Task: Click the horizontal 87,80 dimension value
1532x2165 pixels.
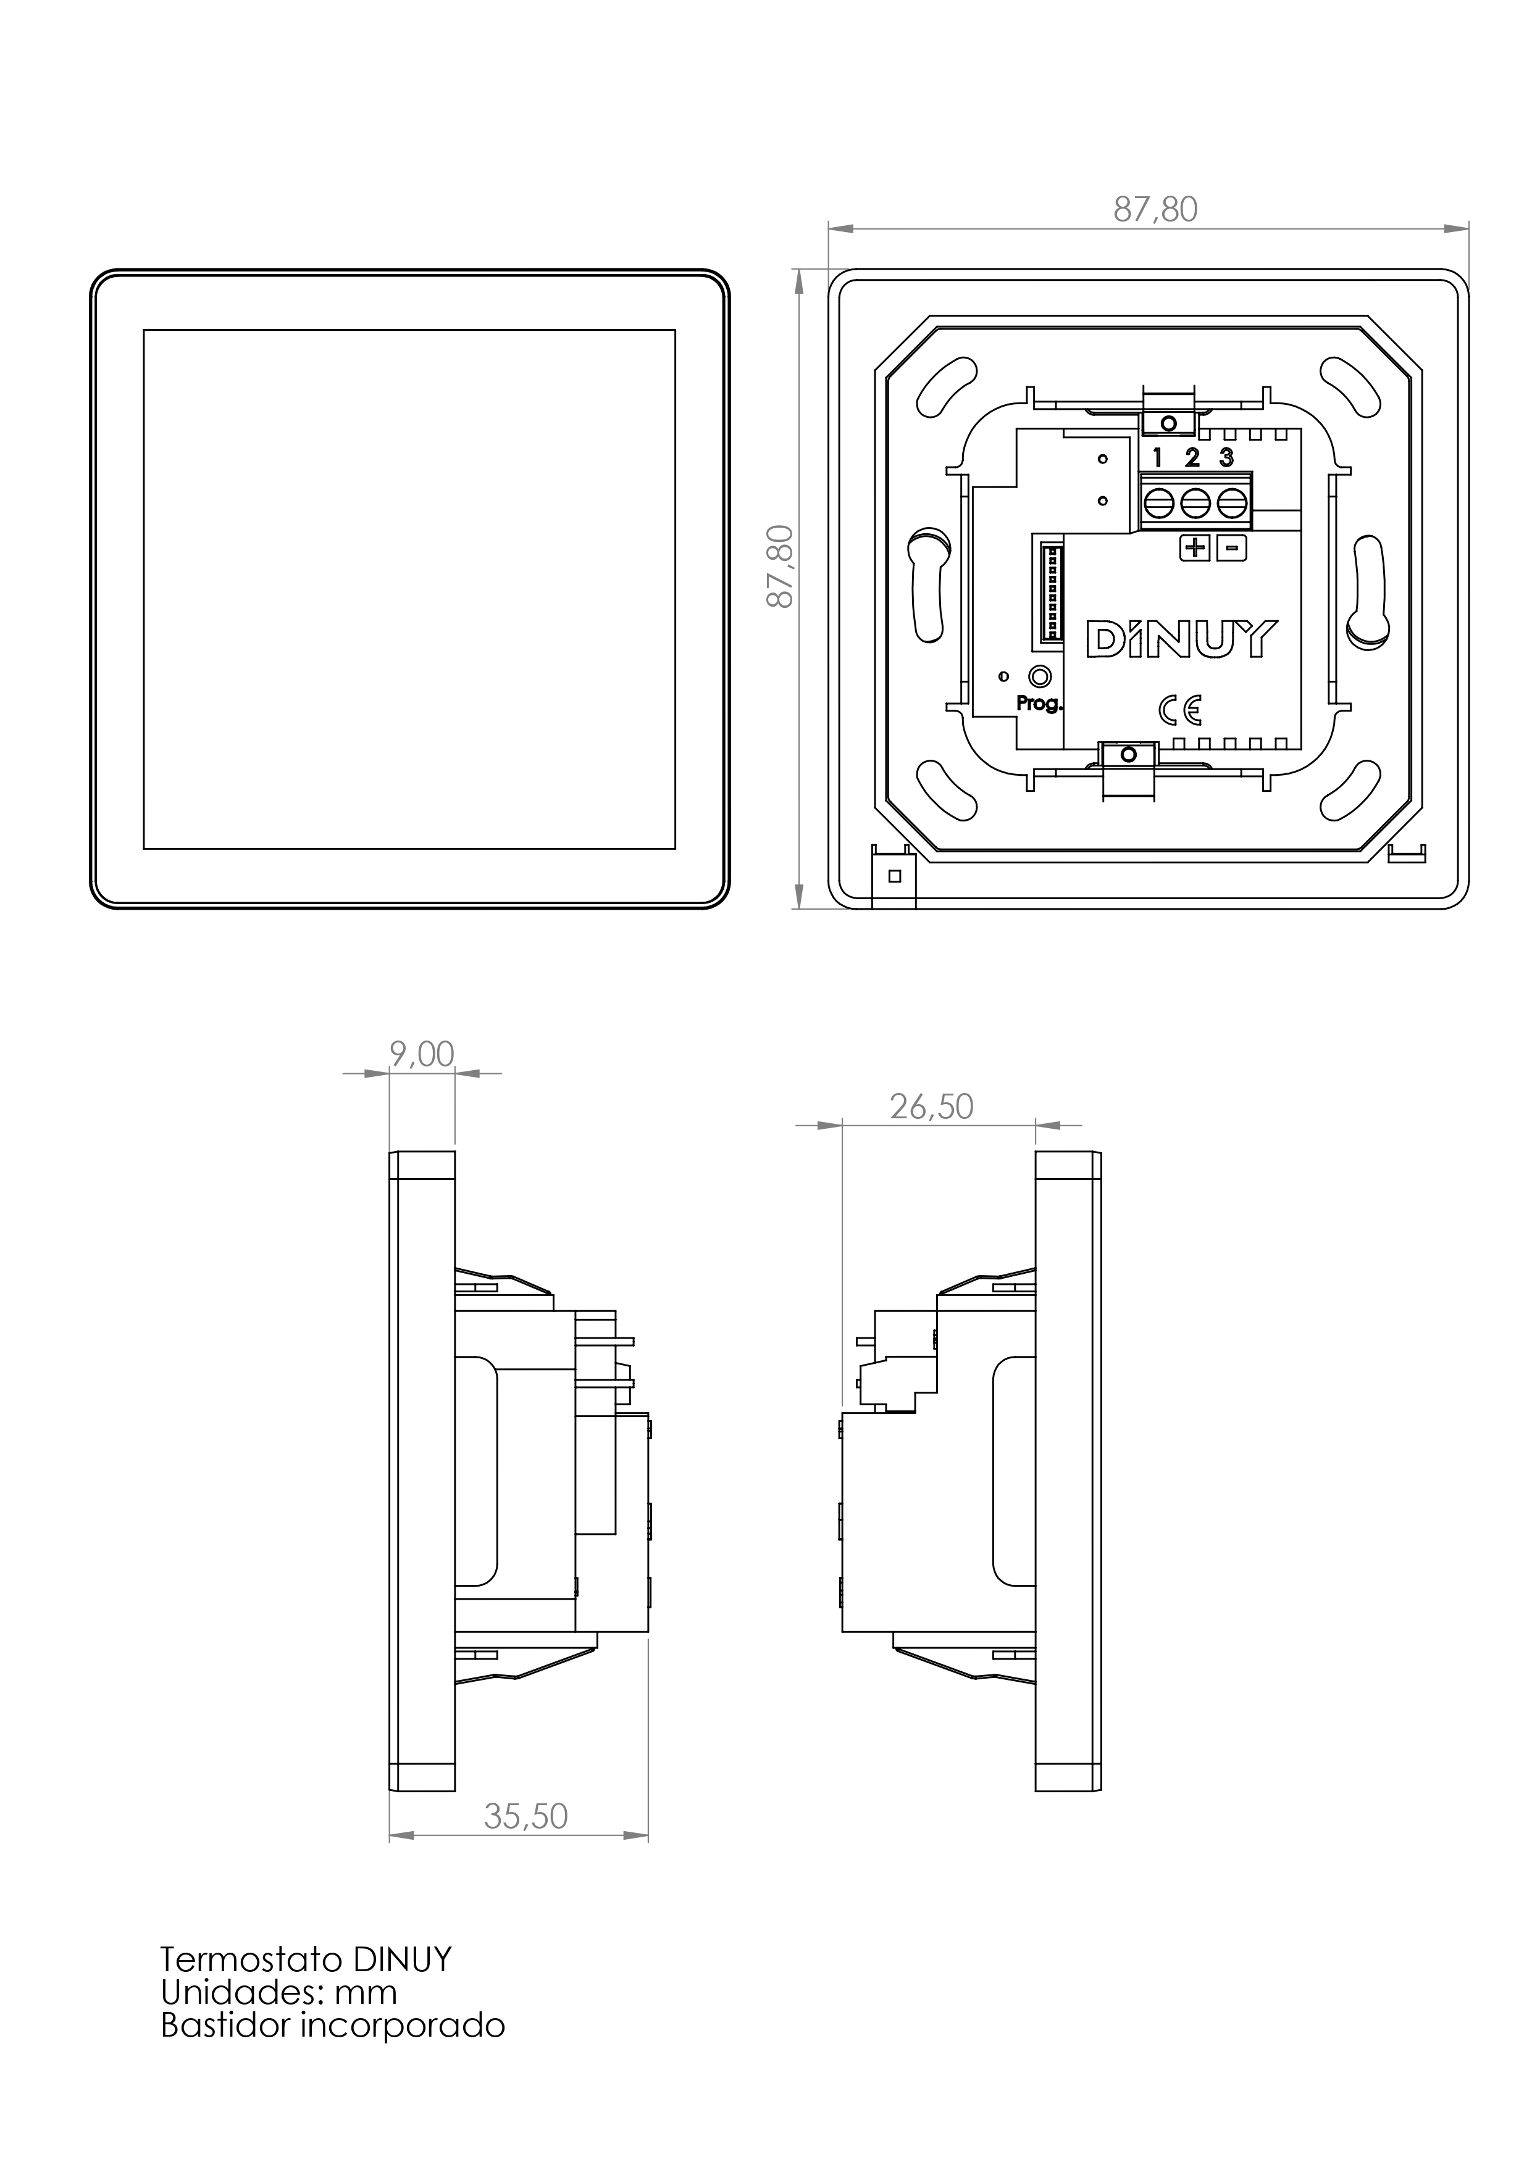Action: click(x=1155, y=209)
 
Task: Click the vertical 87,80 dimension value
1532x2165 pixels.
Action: click(x=780, y=566)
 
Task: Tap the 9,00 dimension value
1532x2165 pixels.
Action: click(x=422, y=1053)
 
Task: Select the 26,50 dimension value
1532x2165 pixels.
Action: click(x=931, y=1106)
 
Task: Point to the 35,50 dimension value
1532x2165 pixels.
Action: click(x=525, y=1816)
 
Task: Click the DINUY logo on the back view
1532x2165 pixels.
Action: click(x=1182, y=638)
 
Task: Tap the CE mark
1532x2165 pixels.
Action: click(x=1180, y=709)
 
